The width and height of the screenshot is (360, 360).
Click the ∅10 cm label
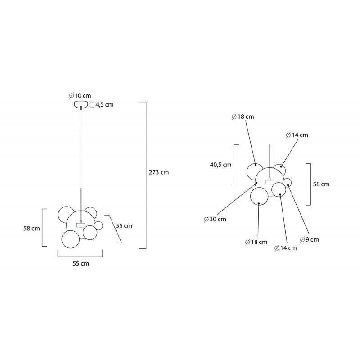[x=80, y=95]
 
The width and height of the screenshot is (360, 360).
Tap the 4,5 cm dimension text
[x=105, y=105]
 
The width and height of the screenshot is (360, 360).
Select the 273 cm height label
[x=159, y=172]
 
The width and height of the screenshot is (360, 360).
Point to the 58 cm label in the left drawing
[x=31, y=229]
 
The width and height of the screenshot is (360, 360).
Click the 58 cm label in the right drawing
[x=321, y=184]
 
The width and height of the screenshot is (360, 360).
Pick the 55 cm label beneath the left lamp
[x=81, y=264]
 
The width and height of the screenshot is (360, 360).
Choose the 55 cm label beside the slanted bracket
[x=124, y=226]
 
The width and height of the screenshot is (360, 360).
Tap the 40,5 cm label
[x=220, y=165]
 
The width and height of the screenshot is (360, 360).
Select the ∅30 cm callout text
[x=215, y=219]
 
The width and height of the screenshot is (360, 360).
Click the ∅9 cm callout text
[x=310, y=240]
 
